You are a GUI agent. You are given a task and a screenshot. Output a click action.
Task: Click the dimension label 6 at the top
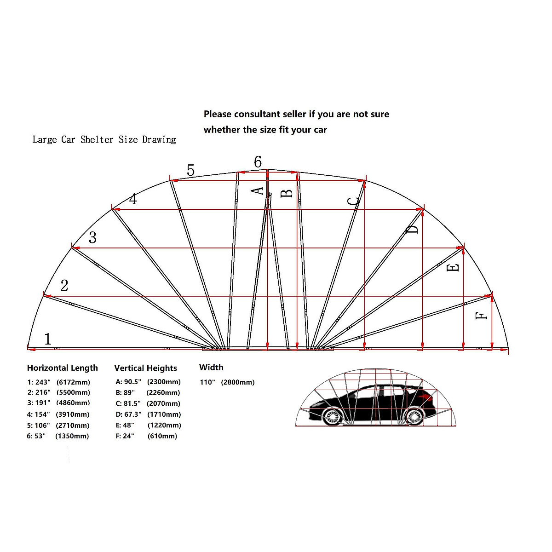point(258,162)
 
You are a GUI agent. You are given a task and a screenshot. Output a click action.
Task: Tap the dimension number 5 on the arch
point(190,171)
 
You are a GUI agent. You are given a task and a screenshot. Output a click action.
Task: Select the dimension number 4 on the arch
point(133,200)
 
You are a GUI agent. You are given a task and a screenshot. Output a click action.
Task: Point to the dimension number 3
point(92,238)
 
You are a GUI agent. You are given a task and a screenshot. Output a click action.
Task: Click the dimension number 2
point(64,286)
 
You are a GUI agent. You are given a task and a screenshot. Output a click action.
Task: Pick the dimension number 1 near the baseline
point(48,339)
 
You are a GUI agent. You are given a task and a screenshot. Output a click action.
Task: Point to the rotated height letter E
point(453,267)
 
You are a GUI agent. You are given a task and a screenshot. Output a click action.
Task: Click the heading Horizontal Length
point(63,368)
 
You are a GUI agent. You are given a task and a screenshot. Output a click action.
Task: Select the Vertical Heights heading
point(145,368)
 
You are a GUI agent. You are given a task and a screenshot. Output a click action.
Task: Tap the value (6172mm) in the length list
point(73,382)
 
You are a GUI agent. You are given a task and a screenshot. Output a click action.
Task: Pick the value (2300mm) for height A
point(164,382)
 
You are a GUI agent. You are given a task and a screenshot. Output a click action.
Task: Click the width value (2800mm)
point(237,382)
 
